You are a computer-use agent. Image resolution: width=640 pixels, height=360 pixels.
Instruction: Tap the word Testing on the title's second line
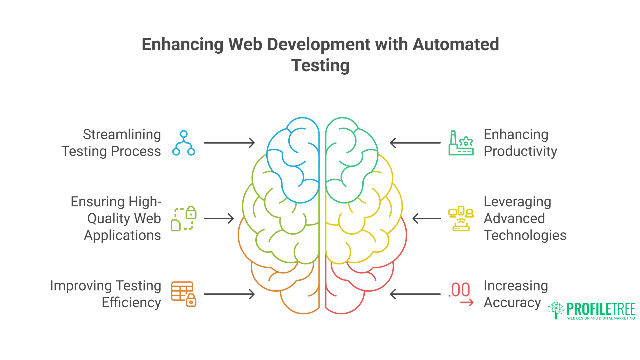(x=320, y=65)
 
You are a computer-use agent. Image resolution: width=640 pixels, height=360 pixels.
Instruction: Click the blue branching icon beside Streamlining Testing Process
(x=183, y=143)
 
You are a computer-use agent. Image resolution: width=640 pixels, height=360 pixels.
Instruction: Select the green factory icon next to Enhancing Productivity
(x=461, y=143)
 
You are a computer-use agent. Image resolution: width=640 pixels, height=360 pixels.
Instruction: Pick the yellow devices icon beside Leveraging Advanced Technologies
(x=461, y=219)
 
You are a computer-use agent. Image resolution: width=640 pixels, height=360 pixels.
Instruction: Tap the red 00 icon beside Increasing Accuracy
(x=461, y=294)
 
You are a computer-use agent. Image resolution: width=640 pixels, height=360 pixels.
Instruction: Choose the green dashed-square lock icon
(x=183, y=219)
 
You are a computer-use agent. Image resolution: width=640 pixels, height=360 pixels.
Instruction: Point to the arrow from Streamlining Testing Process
(x=229, y=143)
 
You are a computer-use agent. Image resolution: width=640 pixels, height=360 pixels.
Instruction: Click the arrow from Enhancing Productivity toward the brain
(x=415, y=143)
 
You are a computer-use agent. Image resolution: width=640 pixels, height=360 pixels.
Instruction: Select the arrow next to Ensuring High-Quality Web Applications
(x=219, y=219)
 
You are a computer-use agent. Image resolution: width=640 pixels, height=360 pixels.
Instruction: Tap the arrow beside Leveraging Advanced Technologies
(x=426, y=219)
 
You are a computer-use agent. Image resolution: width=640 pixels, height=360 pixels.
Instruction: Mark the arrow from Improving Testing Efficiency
(x=229, y=294)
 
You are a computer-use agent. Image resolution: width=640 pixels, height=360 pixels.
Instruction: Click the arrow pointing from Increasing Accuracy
(x=415, y=294)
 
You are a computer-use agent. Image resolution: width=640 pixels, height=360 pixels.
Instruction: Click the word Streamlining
(x=122, y=135)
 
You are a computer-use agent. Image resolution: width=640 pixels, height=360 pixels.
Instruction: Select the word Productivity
(x=520, y=151)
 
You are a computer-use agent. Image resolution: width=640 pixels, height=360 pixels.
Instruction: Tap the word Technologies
(x=525, y=235)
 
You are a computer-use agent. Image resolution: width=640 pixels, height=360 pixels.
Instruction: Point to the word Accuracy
(x=512, y=303)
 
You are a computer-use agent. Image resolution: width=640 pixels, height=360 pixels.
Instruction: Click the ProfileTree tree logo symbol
(x=556, y=310)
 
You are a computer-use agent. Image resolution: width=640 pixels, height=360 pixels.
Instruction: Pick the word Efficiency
(x=131, y=303)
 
